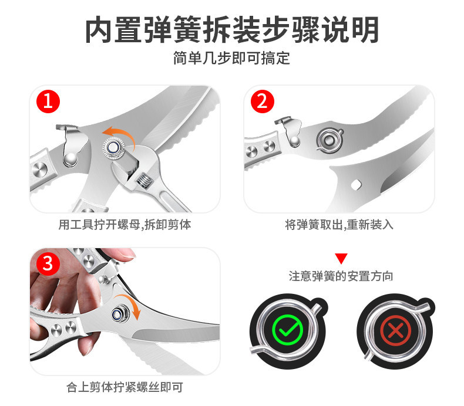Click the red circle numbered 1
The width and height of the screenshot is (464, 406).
click(48, 101)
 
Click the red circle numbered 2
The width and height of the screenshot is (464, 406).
click(262, 101)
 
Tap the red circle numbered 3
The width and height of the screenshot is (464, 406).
click(48, 263)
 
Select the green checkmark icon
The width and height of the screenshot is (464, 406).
click(287, 330)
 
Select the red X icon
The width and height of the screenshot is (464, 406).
click(395, 330)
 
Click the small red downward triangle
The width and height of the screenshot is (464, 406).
click(341, 258)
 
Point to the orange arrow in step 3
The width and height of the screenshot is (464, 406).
click(129, 303)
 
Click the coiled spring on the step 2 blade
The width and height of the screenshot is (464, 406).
click(329, 140)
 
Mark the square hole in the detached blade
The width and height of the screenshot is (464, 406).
click(356, 184)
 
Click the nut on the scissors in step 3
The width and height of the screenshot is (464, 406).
click(120, 313)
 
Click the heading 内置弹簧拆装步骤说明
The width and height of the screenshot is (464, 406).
click(231, 30)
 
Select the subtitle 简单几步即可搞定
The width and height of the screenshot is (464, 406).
click(231, 58)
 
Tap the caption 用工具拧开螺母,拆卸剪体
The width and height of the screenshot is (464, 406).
click(125, 225)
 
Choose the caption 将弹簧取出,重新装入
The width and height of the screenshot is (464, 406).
click(339, 225)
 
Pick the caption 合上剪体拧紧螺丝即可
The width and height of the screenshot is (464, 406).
click(125, 387)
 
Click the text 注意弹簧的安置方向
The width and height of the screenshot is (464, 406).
click(341, 276)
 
